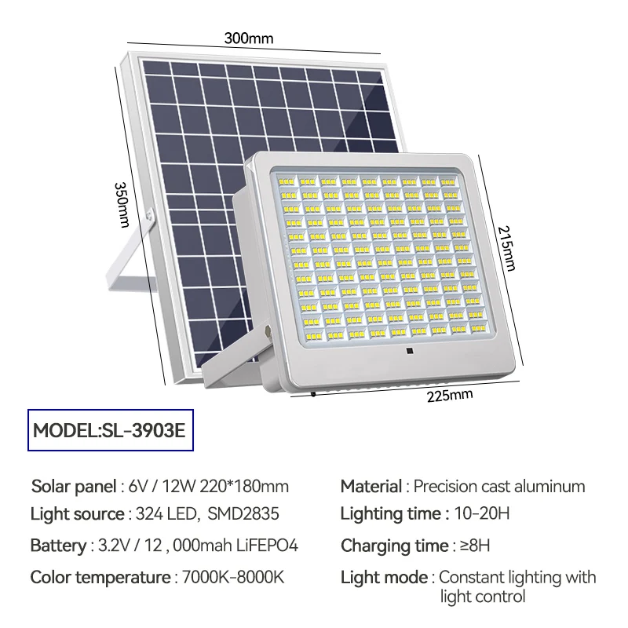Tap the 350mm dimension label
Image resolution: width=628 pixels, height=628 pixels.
click(x=122, y=205)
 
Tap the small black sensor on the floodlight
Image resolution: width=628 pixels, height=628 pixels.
click(x=409, y=353)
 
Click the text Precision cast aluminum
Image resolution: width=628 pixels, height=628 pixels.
click(x=499, y=486)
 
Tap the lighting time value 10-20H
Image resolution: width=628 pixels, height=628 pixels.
click(x=483, y=514)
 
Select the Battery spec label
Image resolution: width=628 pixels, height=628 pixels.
click(x=57, y=546)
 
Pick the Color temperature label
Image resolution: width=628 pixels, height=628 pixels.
click(x=100, y=578)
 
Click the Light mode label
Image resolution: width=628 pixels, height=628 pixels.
click(x=384, y=578)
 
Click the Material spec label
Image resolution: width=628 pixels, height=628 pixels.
click(x=371, y=486)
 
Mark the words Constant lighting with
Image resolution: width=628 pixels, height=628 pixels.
click(x=517, y=578)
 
